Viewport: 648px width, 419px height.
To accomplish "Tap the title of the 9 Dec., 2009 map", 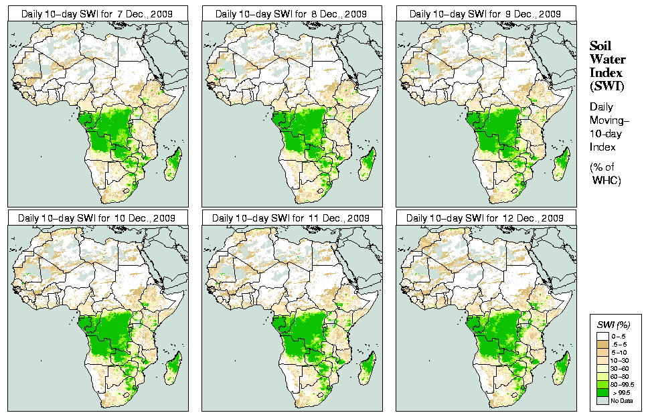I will tap(486, 13).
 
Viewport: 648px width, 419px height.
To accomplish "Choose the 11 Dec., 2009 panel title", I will tap(292, 218).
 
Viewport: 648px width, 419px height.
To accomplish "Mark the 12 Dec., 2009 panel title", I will tap(486, 218).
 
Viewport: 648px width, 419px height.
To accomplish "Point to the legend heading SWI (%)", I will tap(611, 325).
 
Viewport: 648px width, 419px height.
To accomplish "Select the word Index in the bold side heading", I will tap(606, 72).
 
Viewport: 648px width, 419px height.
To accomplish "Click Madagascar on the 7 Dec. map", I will tap(173, 164).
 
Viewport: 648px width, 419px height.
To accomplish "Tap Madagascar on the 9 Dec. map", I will tap(562, 164).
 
